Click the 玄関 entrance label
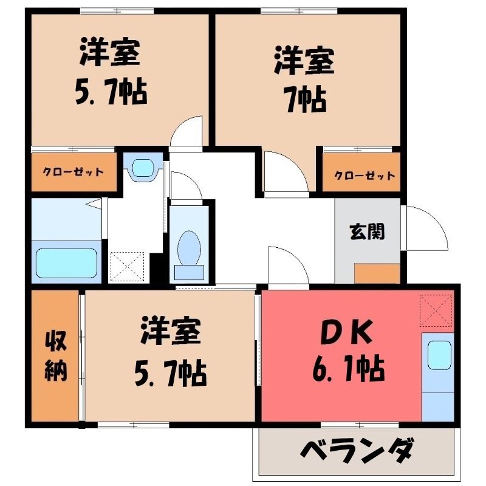point(367,231)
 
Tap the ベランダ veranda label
point(357,450)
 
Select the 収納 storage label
point(56,356)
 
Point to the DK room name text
point(346,332)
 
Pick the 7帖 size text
point(306,99)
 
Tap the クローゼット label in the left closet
point(73,171)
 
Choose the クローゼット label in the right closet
point(364,176)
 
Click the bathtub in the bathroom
point(66,263)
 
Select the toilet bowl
point(189,248)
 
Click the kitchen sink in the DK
point(439,355)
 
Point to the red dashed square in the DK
point(436,310)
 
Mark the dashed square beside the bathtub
point(128,267)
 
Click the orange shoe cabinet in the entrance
point(377,273)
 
